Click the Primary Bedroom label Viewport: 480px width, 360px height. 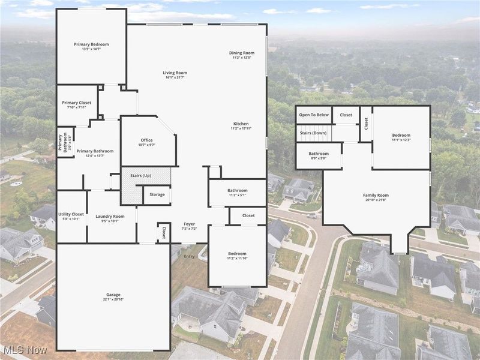tap(91, 44)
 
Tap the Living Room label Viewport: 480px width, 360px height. tap(175, 73)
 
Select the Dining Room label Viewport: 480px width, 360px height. tap(242, 53)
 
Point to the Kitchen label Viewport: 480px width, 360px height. tap(241, 123)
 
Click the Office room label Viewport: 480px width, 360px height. tap(147, 140)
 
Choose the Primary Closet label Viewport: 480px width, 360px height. tap(77, 103)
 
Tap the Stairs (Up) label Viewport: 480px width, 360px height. tap(140, 175)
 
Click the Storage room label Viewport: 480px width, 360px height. tap(157, 194)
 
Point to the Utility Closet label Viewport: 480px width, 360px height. tap(71, 214)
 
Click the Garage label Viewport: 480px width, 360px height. tap(113, 294)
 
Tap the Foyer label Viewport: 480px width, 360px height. tap(190, 224)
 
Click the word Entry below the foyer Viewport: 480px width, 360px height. tap(190, 256)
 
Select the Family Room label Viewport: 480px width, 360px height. tap(376, 195)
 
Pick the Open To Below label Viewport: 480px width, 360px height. tap(314, 115)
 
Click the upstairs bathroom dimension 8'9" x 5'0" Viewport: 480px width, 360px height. tap(319, 158)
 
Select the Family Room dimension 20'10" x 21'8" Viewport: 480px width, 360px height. tap(376, 200)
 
